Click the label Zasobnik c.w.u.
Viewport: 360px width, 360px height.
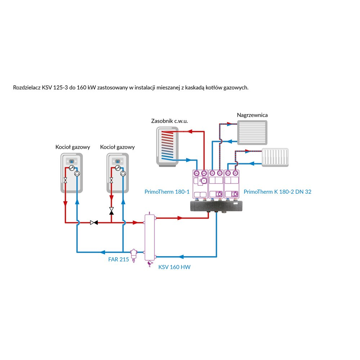170,121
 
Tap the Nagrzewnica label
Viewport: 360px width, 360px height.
252,115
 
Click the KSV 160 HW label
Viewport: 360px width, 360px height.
175,267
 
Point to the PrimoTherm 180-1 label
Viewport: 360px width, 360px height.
167,192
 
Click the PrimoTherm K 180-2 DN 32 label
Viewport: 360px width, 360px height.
278,192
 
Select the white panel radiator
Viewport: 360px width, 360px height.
275,157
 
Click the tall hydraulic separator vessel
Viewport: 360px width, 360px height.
149,237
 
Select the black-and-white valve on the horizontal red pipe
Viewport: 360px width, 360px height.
94,223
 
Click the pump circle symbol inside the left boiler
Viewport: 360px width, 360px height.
77,174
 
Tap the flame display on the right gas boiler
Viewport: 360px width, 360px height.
117,161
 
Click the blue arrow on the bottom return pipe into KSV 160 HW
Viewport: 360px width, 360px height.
181,257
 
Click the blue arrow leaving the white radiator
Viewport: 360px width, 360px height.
252,164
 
